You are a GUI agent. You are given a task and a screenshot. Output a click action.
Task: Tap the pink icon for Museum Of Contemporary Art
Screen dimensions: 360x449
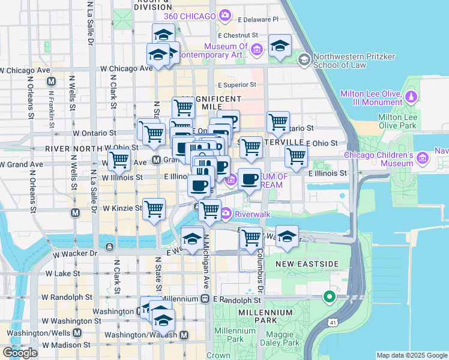257,49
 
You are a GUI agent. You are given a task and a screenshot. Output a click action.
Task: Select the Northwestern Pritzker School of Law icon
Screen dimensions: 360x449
303,59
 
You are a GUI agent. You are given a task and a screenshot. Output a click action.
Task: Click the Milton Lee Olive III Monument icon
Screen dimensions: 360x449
411,96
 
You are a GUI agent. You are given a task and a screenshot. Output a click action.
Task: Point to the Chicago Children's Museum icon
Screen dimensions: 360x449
422,158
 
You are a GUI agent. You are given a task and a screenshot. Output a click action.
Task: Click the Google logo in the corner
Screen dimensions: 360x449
20,353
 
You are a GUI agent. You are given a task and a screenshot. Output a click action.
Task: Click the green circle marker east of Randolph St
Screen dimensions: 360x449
328,296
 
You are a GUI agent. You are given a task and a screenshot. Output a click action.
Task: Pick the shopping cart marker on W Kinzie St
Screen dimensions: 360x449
154,209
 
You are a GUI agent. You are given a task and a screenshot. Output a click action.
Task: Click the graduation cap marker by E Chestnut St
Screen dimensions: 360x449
280,46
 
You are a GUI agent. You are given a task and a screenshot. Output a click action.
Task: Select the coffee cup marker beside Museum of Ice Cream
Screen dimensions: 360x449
250,179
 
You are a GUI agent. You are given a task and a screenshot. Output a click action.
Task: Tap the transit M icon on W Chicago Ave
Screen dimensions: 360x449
51,81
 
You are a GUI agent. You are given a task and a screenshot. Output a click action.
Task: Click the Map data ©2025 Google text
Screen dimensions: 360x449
412,355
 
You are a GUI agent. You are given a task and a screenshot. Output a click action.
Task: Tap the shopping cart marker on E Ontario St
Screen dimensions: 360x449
277,122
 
